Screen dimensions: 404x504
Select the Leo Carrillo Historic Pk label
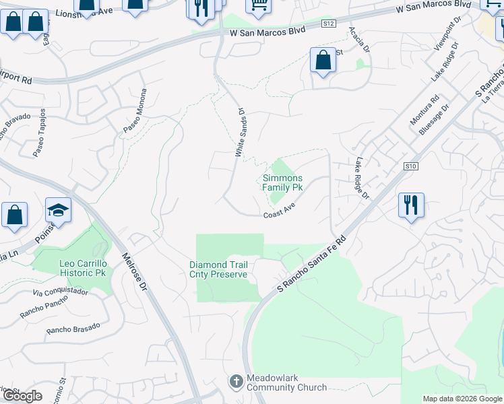point(73,268)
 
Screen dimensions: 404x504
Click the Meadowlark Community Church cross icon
point(236,382)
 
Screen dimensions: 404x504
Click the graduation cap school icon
point(58,211)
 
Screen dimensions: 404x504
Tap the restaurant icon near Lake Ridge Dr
point(411,204)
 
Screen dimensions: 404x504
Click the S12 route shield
point(328,24)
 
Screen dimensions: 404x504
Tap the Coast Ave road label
point(280,213)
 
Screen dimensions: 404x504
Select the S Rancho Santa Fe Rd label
point(311,263)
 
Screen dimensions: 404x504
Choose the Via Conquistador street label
point(61,293)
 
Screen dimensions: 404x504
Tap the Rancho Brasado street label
point(73,328)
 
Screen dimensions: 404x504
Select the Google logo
point(22,396)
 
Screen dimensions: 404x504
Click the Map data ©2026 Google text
point(462,399)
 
